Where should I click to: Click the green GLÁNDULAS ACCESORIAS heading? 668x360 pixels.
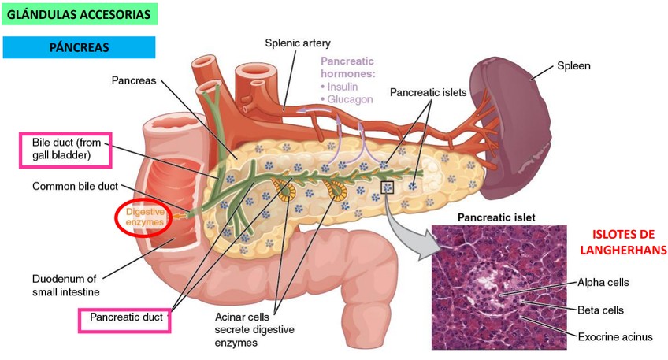80,13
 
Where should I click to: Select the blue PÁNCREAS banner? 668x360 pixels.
79,47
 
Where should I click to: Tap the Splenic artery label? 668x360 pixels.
298,43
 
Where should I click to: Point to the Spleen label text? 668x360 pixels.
573,65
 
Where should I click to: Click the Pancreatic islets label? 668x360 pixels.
429,92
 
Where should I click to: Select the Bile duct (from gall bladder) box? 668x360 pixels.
66,149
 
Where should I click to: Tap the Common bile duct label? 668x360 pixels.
75,187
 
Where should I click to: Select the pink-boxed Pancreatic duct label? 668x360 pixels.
126,318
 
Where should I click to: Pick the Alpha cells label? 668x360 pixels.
603,281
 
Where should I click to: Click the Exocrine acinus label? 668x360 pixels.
615,337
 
